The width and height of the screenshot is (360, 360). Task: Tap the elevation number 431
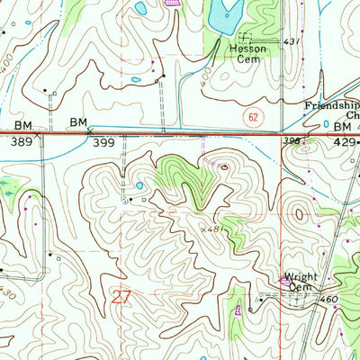(x=291, y=42)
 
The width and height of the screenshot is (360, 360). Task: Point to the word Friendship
(x=328, y=104)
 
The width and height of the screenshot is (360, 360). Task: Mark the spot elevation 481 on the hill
(x=212, y=229)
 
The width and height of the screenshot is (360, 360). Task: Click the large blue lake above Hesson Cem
(x=222, y=13)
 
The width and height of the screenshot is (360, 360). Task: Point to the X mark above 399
(x=89, y=130)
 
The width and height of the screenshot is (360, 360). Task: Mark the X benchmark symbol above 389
(x=37, y=132)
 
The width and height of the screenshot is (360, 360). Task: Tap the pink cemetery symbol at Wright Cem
(x=287, y=282)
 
